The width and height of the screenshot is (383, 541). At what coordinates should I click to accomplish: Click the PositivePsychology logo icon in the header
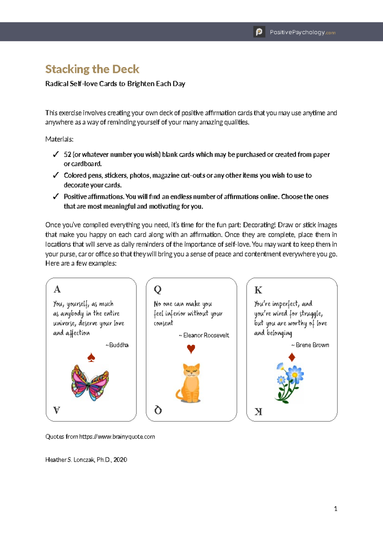tap(259, 32)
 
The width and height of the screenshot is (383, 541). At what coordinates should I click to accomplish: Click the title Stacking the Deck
tap(92, 69)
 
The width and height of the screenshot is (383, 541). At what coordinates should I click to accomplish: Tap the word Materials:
tap(59, 139)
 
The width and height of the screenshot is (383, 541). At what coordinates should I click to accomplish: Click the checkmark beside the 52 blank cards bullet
tap(56, 154)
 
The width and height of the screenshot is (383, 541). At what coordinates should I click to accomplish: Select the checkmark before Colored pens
tap(56, 175)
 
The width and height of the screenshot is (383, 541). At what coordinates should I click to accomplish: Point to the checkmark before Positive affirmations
tap(56, 196)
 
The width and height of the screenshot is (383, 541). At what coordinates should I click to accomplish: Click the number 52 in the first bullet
tap(67, 154)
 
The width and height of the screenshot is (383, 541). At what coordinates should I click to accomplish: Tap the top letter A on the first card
tap(57, 289)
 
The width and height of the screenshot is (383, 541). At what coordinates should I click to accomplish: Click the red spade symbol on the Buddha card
tap(91, 358)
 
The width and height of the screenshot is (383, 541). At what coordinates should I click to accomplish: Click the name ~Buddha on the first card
tap(117, 345)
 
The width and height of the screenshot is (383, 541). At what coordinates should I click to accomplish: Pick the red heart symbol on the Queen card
tap(191, 349)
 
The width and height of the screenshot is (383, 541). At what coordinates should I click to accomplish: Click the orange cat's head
tap(191, 371)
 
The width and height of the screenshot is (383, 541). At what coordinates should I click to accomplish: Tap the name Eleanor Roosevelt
tap(206, 335)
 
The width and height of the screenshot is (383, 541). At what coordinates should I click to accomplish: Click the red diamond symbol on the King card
tap(291, 357)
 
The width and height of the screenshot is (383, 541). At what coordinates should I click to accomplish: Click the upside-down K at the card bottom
tap(258, 411)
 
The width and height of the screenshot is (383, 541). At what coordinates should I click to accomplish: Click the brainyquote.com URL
tap(117, 437)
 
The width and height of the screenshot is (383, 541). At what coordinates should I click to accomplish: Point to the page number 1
tap(335, 509)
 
